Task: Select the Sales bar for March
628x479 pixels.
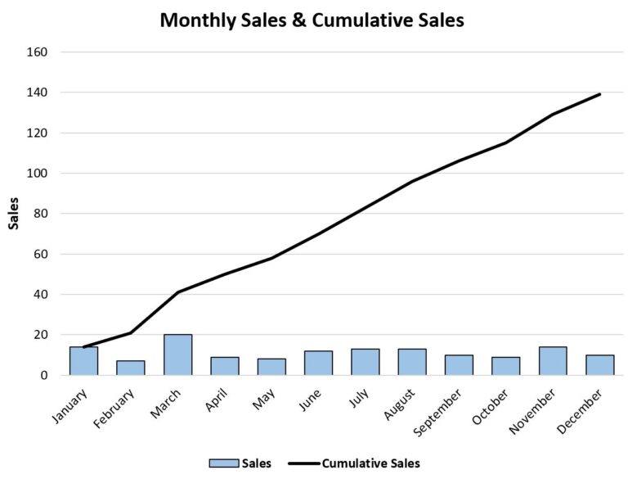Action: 177,355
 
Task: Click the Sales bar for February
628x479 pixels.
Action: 130,368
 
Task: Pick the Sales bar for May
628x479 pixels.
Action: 271,367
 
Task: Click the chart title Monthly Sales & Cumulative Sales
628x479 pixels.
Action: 312,20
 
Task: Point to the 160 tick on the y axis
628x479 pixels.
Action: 38,52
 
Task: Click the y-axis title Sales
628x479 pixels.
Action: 14,213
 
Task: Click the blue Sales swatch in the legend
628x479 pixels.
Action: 223,463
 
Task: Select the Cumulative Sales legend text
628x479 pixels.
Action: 370,463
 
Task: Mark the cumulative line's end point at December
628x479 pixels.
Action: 600,94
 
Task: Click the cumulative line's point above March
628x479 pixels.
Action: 177,292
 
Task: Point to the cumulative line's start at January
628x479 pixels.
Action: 83,347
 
